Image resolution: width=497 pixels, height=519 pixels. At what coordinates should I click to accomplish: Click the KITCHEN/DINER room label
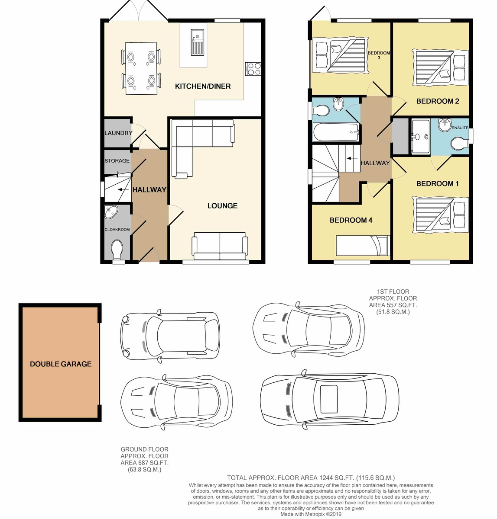pos(203,86)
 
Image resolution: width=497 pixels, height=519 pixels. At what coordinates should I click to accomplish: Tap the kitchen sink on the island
pos(198,42)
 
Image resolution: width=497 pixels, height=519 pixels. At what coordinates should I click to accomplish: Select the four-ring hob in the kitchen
pos(253,68)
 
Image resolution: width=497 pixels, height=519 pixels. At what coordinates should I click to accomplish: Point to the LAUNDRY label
pos(118,133)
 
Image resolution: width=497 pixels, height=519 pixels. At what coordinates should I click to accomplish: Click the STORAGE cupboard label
pos(117,160)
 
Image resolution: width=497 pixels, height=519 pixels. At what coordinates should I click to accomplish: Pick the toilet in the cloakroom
pos(117,250)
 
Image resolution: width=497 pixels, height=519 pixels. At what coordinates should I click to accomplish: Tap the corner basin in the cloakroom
pos(110,212)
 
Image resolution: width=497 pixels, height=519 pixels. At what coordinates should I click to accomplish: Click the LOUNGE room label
pos(222,205)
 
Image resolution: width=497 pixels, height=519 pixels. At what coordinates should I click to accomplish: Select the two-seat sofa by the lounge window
pos(220,246)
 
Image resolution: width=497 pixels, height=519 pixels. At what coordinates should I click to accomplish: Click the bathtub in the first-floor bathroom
pos(336,132)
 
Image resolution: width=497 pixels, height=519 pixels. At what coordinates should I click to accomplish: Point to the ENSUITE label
pos(460,128)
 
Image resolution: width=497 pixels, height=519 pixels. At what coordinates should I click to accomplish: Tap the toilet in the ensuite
pos(460,144)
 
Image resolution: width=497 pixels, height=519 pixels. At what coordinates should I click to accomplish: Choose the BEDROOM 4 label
pos(351,220)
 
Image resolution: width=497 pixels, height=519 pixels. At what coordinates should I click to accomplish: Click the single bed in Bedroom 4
pos(363,246)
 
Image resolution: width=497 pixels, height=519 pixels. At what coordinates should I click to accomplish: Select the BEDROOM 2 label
pos(437,101)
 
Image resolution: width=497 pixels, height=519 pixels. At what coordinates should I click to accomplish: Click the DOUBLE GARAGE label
pos(61,364)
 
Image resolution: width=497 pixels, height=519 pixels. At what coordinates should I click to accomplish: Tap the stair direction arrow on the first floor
pos(352,158)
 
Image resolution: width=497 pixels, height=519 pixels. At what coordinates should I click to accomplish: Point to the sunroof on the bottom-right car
pos(328,399)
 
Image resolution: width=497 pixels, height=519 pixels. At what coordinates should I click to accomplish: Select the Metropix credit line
pos(311,514)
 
